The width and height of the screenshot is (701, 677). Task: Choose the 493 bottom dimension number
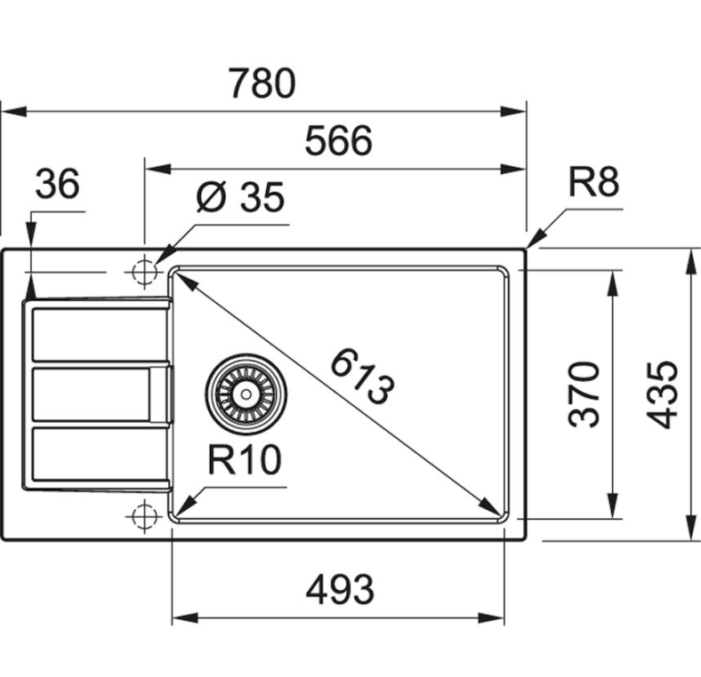pyautogui.click(x=339, y=587)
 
